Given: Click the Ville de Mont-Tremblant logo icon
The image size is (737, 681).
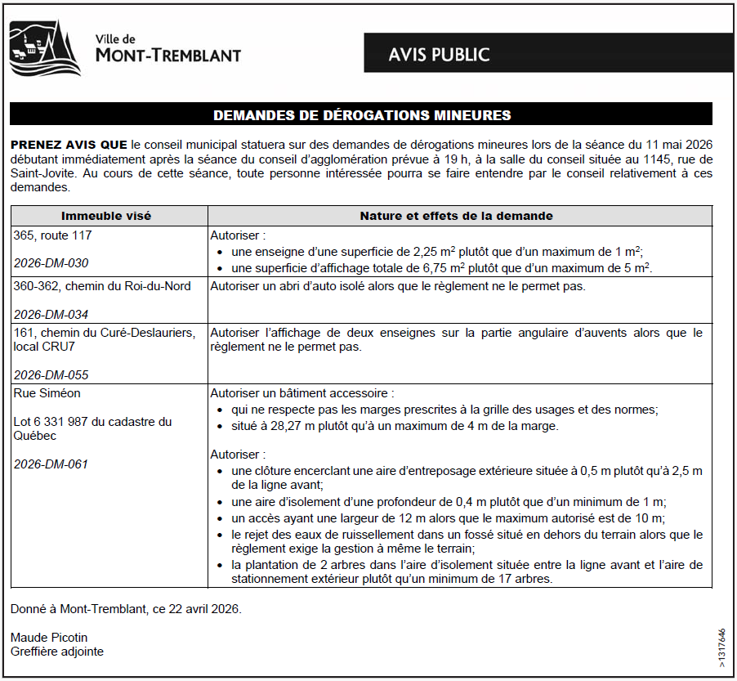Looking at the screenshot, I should (x=45, y=47).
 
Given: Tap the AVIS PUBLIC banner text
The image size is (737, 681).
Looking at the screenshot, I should (x=439, y=55).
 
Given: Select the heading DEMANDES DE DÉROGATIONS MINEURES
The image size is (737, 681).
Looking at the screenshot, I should (x=362, y=115).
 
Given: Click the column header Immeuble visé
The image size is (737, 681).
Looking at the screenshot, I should (x=106, y=216).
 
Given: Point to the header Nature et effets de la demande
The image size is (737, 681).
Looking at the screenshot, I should (x=456, y=216).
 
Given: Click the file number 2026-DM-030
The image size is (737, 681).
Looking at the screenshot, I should (x=51, y=263).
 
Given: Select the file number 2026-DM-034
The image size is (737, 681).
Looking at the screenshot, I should (x=51, y=314).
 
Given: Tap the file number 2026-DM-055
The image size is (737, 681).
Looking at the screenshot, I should (x=51, y=375).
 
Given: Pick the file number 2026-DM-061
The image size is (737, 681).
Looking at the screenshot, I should (x=51, y=464).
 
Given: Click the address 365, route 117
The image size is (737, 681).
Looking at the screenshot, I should (x=52, y=235).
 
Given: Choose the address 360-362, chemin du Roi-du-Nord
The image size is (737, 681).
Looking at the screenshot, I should (x=102, y=285).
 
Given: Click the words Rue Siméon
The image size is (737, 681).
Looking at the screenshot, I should (x=47, y=393).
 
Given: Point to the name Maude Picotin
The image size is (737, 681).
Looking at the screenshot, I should (x=48, y=637).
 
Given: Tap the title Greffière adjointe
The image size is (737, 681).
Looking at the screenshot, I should (x=57, y=652).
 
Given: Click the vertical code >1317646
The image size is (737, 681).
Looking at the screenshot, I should (x=721, y=649).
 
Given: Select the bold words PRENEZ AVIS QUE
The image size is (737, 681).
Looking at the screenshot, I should (x=69, y=144).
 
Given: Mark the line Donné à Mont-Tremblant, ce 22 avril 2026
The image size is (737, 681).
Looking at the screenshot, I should (x=127, y=609).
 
